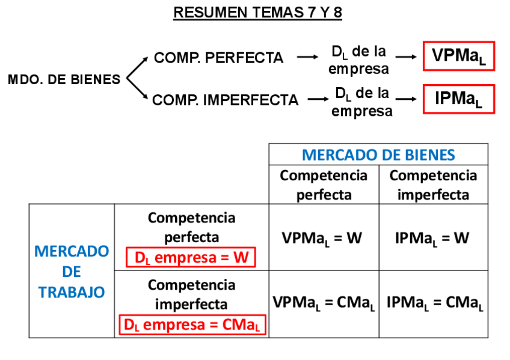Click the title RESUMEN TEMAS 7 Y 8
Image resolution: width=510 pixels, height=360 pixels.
pos(257,13)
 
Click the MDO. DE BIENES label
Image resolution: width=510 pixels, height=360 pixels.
pos(64,79)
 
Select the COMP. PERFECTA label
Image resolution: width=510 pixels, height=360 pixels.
pos(218,58)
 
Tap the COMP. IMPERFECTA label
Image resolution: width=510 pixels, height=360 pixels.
pos(225,100)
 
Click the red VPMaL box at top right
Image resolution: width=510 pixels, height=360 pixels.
pos(458,56)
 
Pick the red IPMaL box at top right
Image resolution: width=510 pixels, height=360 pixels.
pos(458,99)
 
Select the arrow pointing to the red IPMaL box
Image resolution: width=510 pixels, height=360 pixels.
pos(406,100)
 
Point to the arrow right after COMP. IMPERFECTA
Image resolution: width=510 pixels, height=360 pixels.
pos(317,100)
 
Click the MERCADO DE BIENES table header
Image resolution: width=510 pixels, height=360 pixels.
pos(378,155)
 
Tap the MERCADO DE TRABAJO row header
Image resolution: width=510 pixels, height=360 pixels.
pos(72,271)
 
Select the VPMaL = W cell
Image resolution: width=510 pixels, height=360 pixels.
pos(322,238)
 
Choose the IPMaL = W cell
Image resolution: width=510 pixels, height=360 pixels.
pos(432,238)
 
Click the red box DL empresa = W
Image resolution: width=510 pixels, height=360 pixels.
pos(191,258)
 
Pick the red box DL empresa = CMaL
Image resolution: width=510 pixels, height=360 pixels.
pos(192,325)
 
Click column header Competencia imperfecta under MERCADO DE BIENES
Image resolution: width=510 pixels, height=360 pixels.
pos(433,185)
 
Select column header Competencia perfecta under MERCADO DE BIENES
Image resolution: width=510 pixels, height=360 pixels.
pos(324,185)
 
